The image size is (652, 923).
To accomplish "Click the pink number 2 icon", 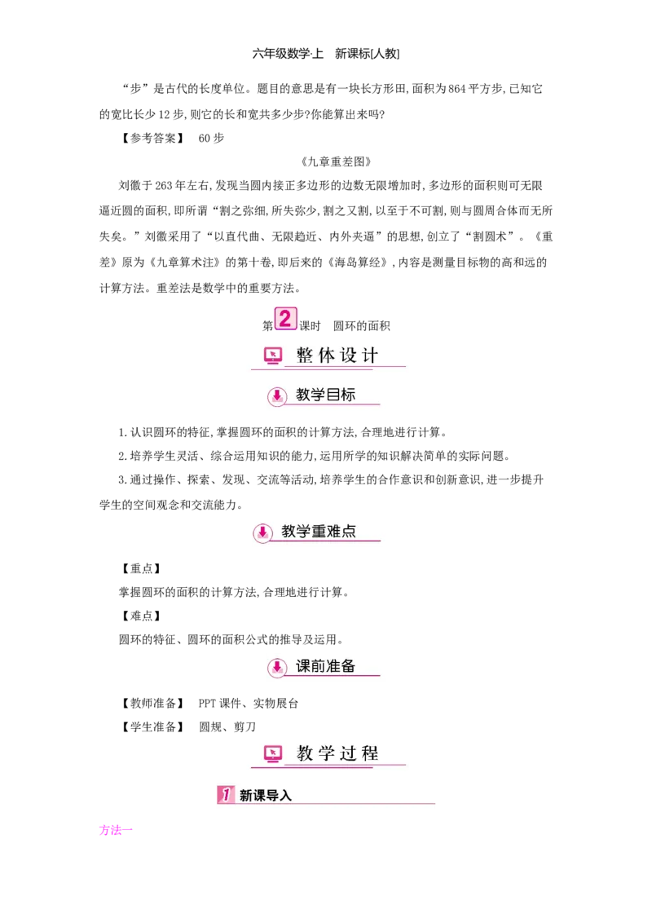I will (x=285, y=318).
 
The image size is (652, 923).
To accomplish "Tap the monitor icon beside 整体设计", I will (x=273, y=356).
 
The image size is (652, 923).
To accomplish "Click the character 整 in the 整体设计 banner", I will (x=305, y=356).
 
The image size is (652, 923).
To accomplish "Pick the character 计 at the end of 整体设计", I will (x=371, y=356).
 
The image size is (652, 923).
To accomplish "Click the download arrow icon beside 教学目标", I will (x=277, y=395).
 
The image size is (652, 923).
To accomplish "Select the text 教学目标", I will (x=326, y=395).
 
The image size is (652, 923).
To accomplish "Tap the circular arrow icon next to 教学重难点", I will (x=262, y=532).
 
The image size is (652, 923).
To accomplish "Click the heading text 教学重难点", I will (x=319, y=532).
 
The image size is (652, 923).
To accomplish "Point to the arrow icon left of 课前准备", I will (x=277, y=668).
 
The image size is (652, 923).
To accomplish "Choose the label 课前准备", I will (x=326, y=666).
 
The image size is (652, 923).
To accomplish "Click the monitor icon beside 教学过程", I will (x=273, y=753).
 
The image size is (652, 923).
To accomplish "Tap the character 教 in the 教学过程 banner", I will (x=305, y=753).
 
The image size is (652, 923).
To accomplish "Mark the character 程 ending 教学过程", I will (x=371, y=753).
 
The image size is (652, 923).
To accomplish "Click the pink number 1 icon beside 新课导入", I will (x=226, y=794).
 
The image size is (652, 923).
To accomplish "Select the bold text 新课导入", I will (x=266, y=795).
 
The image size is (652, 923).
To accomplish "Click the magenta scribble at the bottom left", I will (x=114, y=830).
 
